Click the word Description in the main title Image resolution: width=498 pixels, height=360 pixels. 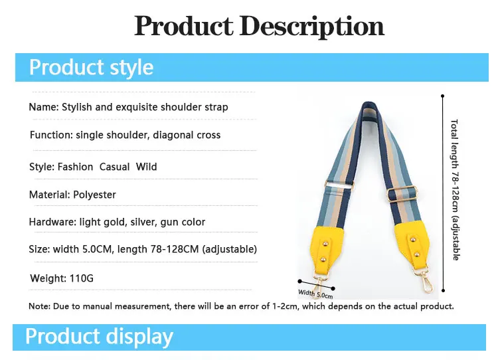[311, 27]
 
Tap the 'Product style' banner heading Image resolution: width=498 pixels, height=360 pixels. [91, 67]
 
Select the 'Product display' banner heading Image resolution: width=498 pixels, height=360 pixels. [99, 337]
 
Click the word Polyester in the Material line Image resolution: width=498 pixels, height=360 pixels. [94, 195]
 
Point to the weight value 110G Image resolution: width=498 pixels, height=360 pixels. [82, 278]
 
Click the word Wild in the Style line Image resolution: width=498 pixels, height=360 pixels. [147, 167]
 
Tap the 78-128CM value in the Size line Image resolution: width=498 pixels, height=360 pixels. [175, 249]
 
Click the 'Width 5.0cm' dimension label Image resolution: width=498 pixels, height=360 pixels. [315, 294]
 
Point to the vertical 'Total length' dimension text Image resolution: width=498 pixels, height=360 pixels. [455, 190]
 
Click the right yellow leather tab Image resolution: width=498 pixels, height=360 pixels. [412, 244]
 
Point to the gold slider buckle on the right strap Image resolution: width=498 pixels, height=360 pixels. [402, 194]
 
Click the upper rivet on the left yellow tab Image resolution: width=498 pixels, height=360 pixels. [325, 244]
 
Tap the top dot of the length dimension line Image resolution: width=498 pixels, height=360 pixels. [442, 96]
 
